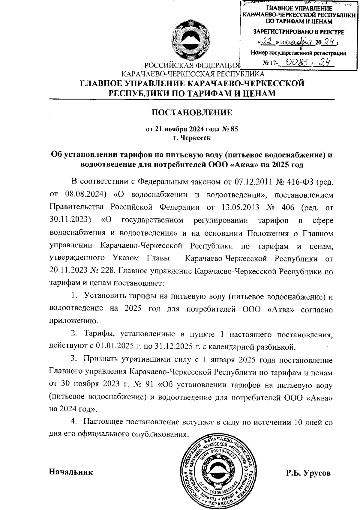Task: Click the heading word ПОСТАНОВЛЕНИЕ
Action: [192, 113]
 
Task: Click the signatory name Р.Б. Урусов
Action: [308, 473]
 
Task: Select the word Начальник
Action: [71, 472]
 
